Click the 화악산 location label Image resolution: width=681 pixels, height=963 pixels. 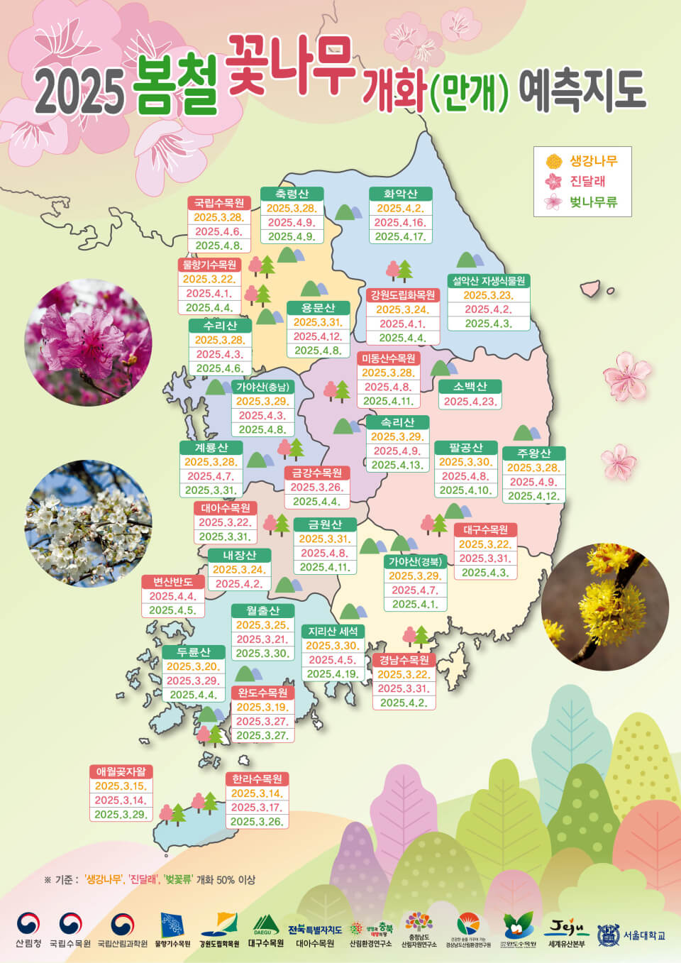pyautogui.click(x=400, y=194)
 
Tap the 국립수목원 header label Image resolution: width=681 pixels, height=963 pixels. pyautogui.click(x=219, y=203)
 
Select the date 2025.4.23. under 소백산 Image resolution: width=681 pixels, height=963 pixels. pyautogui.click(x=470, y=402)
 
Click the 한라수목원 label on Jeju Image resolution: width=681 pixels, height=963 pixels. pyautogui.click(x=258, y=778)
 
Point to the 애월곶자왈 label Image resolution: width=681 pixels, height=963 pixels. pyautogui.click(x=121, y=771)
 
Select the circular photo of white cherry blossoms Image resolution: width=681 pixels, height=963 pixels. pyautogui.click(x=88, y=524)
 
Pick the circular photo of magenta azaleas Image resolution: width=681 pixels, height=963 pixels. pyautogui.click(x=88, y=342)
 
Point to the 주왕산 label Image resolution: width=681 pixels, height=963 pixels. pyautogui.click(x=533, y=453)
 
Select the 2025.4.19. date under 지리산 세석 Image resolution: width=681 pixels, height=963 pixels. pyautogui.click(x=332, y=674)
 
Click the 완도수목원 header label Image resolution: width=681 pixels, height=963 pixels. pyautogui.click(x=262, y=693)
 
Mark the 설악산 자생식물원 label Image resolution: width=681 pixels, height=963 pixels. pyautogui.click(x=489, y=281)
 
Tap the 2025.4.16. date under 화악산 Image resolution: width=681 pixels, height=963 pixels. pyautogui.click(x=400, y=223)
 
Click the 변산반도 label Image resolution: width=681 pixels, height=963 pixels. pyautogui.click(x=173, y=582)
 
